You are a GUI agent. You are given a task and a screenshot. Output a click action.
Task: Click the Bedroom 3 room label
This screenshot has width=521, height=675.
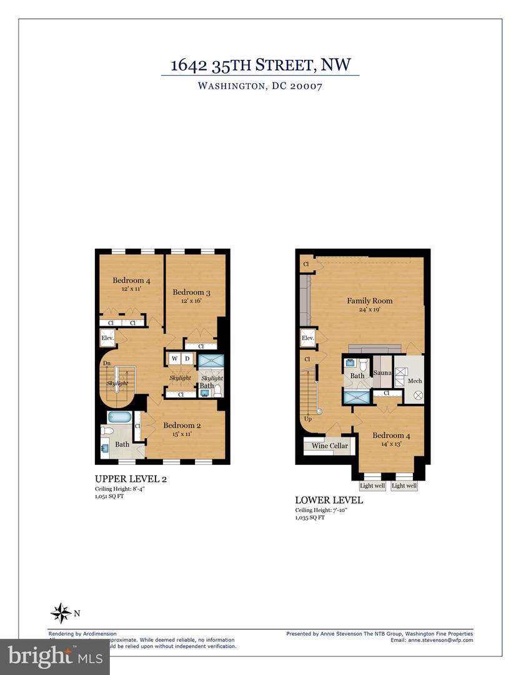189,292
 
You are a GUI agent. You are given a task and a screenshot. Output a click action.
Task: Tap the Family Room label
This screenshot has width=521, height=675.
370,301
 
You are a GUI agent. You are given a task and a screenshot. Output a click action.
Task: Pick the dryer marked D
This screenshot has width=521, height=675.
187,359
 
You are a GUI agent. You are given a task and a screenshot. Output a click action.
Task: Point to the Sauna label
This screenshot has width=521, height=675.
382,373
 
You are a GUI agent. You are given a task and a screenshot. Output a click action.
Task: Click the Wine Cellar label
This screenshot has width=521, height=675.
329,446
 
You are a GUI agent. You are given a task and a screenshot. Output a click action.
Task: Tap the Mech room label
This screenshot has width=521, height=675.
415,381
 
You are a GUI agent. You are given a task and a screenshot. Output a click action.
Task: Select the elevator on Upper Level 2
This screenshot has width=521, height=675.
107,339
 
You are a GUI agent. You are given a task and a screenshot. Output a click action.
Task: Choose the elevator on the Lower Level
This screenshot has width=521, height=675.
307,339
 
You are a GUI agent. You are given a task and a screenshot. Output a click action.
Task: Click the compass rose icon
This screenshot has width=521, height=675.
61,612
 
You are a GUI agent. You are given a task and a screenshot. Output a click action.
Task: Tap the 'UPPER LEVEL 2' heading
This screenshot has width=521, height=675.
130,479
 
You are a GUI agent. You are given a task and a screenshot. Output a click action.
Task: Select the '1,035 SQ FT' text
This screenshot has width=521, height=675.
310,517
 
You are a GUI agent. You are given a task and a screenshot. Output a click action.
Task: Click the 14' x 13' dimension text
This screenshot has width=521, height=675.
387,444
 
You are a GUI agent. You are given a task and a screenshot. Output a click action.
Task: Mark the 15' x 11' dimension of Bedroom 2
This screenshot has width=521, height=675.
177,434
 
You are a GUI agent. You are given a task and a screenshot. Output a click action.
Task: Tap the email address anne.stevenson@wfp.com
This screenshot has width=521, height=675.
440,640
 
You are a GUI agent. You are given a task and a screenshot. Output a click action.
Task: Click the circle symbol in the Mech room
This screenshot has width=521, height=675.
419,395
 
